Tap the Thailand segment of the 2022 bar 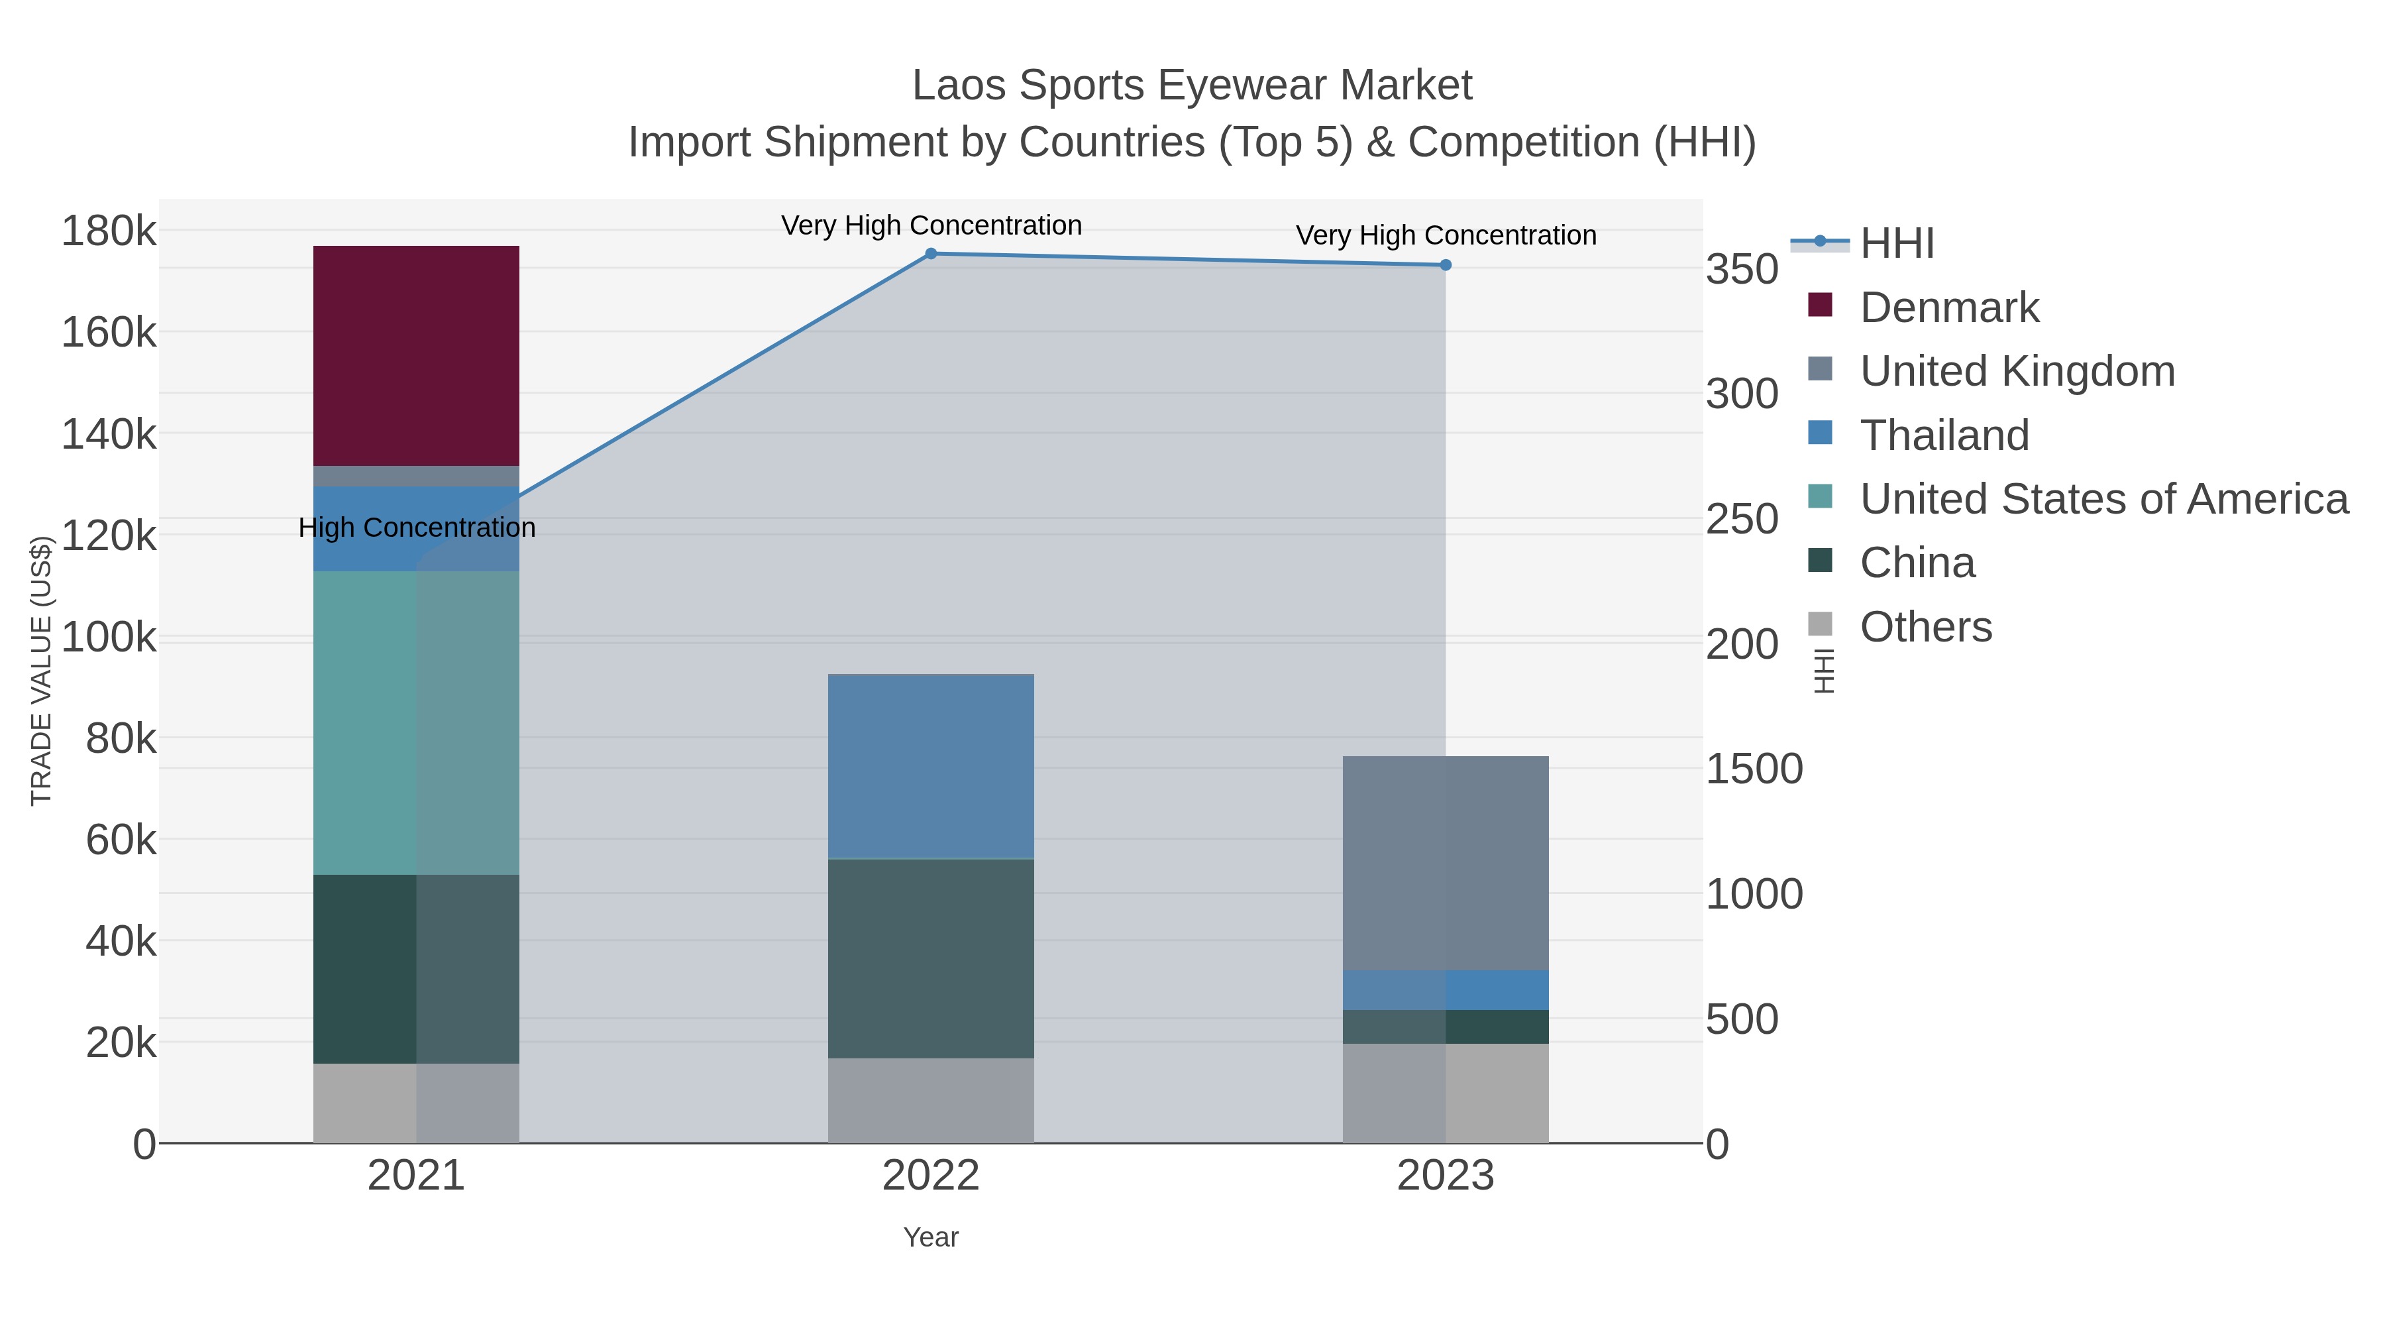[x=931, y=767]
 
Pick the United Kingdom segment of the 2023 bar [x=1446, y=863]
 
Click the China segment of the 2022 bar [x=931, y=958]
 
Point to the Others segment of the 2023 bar [x=1446, y=1093]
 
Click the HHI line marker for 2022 [x=931, y=254]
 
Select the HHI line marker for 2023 [x=1446, y=265]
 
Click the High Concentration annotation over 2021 [x=417, y=528]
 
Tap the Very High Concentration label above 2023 [x=1446, y=235]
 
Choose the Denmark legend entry [x=1949, y=308]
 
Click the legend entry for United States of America [x=2103, y=499]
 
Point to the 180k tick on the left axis [x=109, y=231]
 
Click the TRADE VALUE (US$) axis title [x=42, y=671]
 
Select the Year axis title [x=931, y=1237]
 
